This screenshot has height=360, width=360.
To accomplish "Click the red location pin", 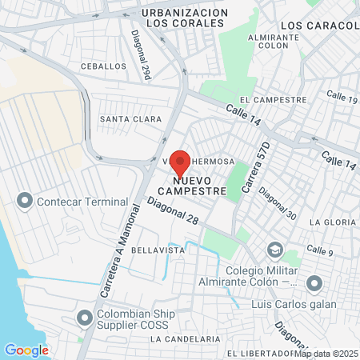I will click(181, 162).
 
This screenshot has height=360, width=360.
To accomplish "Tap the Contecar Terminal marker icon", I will click(25, 199).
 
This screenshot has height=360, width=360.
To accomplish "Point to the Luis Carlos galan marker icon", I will click(314, 282).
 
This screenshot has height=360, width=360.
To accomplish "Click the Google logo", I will click(26, 350).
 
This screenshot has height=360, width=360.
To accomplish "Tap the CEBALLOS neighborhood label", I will click(103, 66).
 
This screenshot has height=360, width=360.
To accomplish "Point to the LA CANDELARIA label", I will click(185, 339).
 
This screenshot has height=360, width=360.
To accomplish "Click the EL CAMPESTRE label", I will click(279, 100).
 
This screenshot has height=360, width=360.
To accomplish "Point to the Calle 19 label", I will click(342, 99).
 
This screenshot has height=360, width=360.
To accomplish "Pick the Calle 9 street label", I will click(320, 251).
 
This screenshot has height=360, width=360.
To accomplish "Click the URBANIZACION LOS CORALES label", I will click(183, 18).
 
